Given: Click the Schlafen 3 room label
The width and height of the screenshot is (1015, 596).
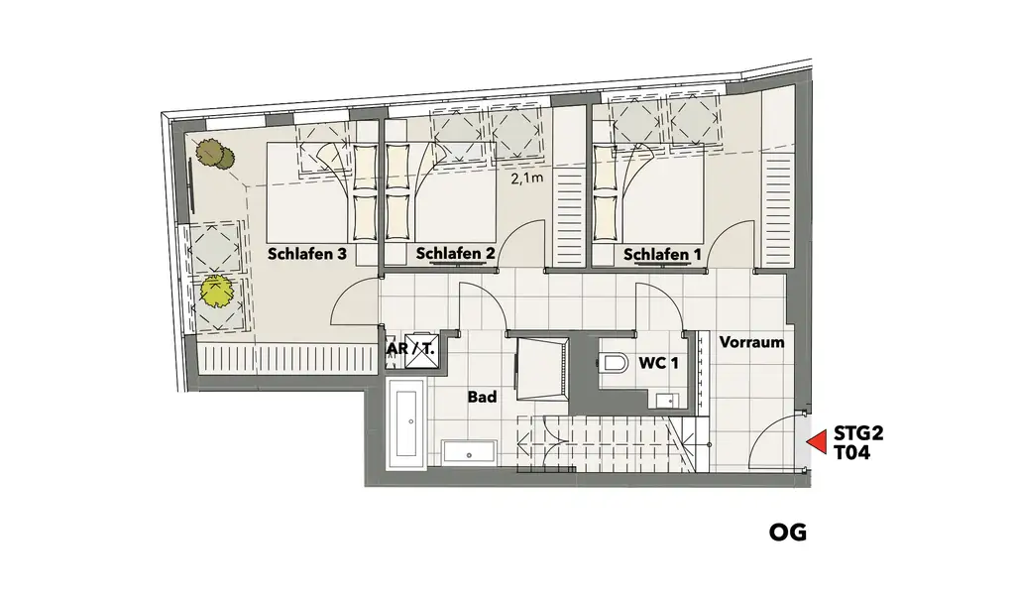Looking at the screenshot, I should click(306, 254).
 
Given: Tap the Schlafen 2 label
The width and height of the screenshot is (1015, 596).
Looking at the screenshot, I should click(455, 254).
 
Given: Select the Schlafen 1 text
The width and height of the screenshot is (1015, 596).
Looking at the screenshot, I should click(656, 256).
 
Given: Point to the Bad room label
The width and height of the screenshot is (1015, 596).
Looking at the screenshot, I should click(482, 397).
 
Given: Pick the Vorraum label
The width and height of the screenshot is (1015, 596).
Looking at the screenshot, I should click(751, 343).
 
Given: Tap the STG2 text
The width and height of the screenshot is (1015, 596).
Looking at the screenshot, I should click(858, 433).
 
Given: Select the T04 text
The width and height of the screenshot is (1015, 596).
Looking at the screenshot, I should click(852, 453).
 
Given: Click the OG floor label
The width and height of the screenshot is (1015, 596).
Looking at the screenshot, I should click(788, 533).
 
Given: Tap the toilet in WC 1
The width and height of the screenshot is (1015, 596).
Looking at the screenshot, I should click(615, 363).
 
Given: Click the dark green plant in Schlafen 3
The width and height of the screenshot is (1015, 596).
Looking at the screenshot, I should click(212, 154).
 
